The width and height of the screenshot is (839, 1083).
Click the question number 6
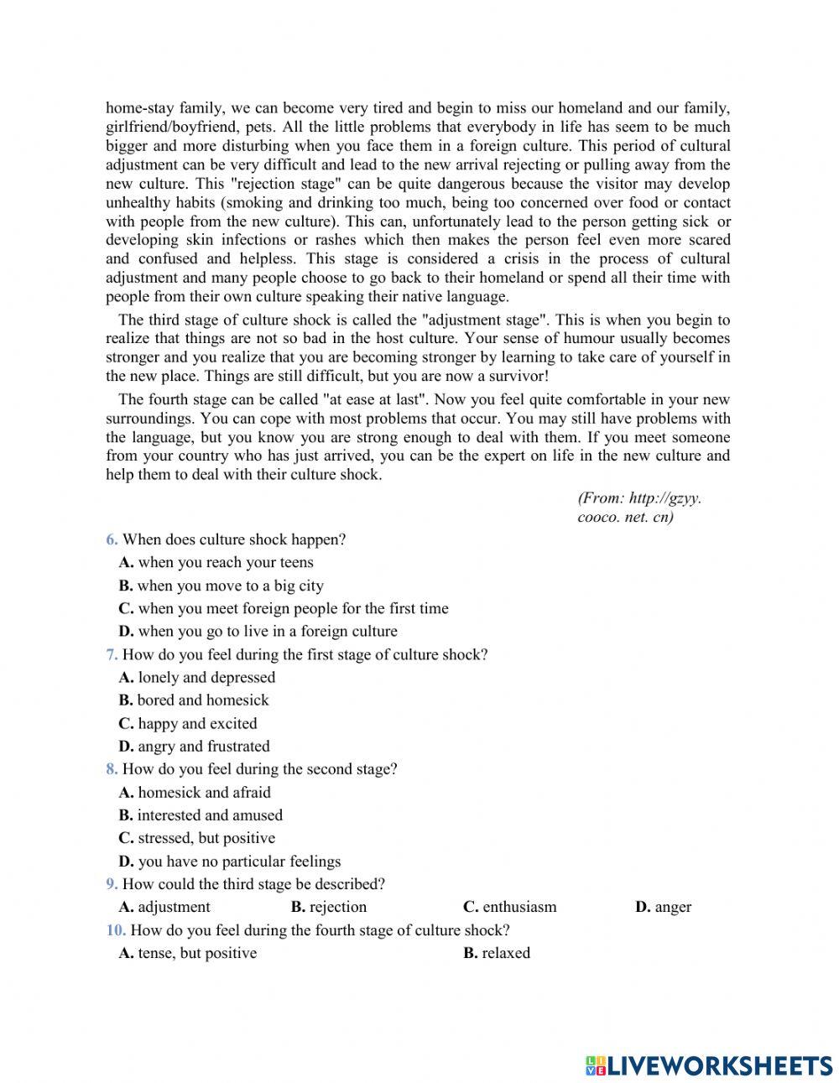pyautogui.click(x=112, y=539)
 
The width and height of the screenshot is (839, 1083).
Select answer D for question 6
pyautogui.click(x=258, y=631)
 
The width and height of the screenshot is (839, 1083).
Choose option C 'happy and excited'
pyautogui.click(x=188, y=723)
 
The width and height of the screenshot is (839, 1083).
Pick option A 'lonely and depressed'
pyautogui.click(x=197, y=677)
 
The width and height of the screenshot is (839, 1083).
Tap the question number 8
pyautogui.click(x=112, y=768)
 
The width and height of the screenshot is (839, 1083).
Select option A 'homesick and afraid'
pyautogui.click(x=195, y=792)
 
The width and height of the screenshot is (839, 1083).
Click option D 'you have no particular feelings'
pyautogui.click(x=230, y=861)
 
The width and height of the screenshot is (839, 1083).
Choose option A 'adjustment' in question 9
pyautogui.click(x=164, y=907)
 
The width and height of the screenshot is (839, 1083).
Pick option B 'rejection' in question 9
pyautogui.click(x=329, y=907)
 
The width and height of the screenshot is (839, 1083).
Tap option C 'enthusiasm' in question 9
pyautogui.click(x=510, y=907)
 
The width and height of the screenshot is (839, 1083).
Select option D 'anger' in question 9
pyautogui.click(x=664, y=907)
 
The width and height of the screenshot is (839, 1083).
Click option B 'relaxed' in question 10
pyautogui.click(x=497, y=953)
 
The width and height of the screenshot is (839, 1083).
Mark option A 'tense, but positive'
pyautogui.click(x=188, y=953)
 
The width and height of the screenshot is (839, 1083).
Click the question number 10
pyautogui.click(x=116, y=929)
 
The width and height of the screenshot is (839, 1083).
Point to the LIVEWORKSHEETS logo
pyautogui.click(x=709, y=1065)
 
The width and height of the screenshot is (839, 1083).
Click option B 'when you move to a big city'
pyautogui.click(x=221, y=586)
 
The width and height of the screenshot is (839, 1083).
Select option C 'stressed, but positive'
pyautogui.click(x=197, y=837)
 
